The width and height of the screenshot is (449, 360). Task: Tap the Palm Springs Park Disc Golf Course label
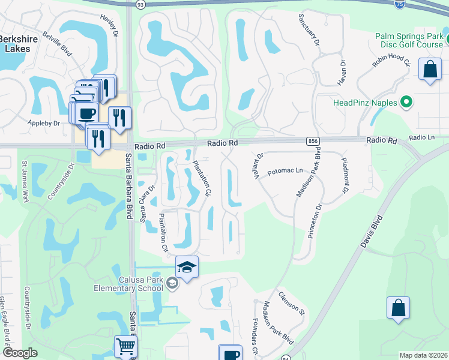click(x=409, y=40)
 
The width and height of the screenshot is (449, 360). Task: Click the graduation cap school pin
click(x=187, y=267)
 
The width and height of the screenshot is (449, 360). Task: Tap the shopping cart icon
click(x=125, y=346)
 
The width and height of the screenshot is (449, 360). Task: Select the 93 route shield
click(x=140, y=4)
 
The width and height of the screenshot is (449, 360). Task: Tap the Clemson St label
click(x=292, y=304)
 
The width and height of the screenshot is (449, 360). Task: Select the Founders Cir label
click(x=256, y=337)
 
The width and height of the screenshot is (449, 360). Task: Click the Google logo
click(x=20, y=353)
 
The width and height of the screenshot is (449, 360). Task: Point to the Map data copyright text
click(x=423, y=355)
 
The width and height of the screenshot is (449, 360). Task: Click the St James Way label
click(x=25, y=181)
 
